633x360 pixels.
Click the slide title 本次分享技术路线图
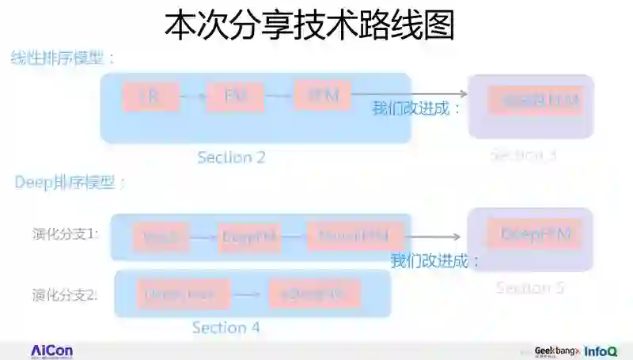309,25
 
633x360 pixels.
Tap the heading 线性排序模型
63,58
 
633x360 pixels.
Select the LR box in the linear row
150,96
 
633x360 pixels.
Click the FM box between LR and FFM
234,96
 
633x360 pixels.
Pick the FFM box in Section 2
322,95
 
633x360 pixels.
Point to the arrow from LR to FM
192,97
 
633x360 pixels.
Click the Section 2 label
231,157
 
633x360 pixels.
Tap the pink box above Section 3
535,100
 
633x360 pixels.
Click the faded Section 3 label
523,155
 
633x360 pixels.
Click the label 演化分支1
66,234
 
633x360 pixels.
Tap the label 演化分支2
66,295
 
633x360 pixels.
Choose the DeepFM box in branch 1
251,237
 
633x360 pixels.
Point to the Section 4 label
226,327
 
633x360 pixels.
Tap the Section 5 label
529,287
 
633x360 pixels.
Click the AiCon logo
52,351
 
